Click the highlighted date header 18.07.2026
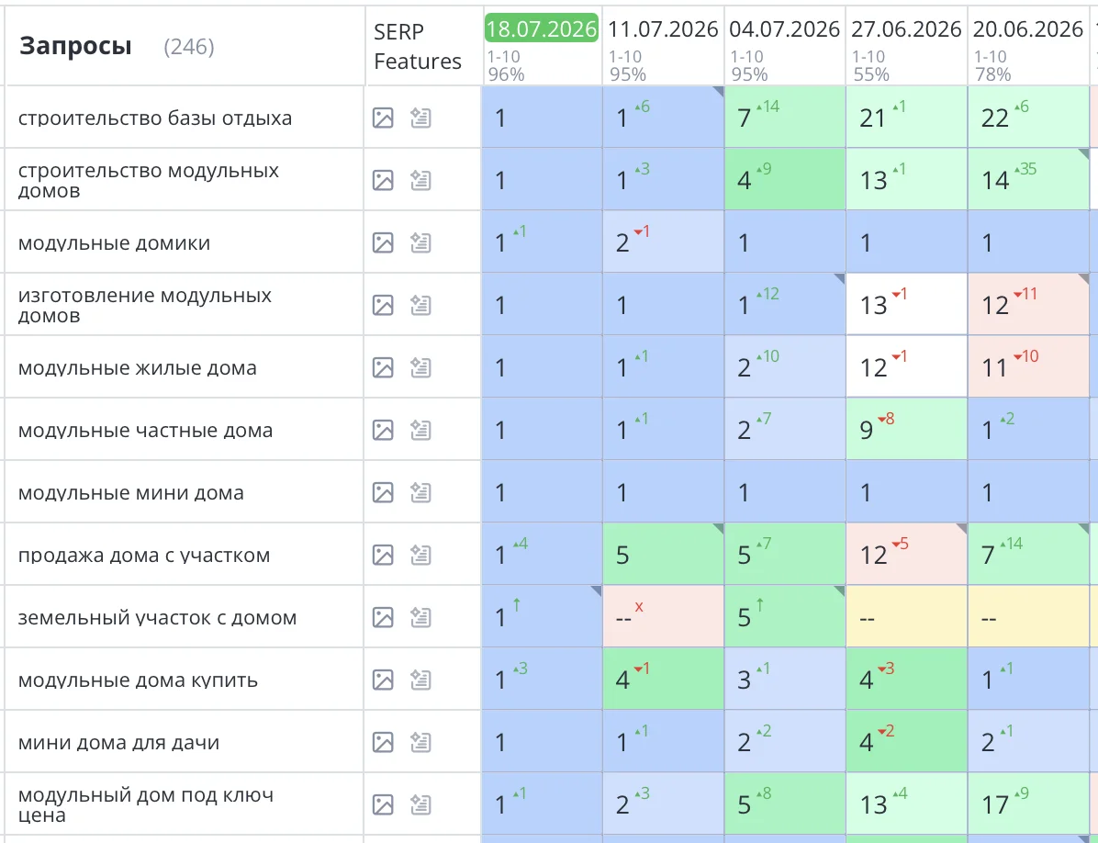point(542,28)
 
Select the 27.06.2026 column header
point(906,28)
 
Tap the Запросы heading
point(75,46)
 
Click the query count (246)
point(189,47)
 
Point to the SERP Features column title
point(418,46)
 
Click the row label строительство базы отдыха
point(155,118)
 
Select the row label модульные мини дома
point(131,492)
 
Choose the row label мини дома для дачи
point(119,742)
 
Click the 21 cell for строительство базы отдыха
point(906,117)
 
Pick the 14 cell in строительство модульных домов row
point(1028,179)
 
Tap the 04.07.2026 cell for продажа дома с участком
point(784,554)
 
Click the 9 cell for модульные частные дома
point(906,429)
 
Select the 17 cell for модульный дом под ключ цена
point(1028,804)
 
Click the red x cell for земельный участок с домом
point(663,616)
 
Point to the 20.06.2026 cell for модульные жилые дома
point(1028,367)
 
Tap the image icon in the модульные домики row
point(383,243)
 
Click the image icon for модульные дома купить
point(383,680)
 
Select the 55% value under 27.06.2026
point(871,74)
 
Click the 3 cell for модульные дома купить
point(784,679)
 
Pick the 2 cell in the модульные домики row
point(663,242)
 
